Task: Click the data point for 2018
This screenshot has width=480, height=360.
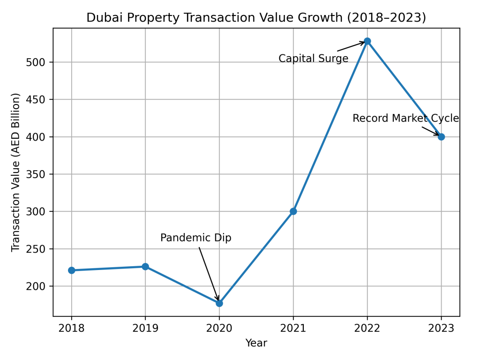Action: [72, 270]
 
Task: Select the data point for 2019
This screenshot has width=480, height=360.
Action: [145, 266]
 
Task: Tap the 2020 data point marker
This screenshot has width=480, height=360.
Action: [219, 303]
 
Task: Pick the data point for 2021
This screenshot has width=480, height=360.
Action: [293, 211]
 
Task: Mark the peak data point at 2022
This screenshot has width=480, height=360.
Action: [367, 41]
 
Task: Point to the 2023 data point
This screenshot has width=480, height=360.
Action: [441, 137]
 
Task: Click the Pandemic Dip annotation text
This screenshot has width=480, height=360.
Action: [196, 238]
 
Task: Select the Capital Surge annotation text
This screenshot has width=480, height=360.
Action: [313, 59]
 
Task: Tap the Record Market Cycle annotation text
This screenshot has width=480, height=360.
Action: [405, 119]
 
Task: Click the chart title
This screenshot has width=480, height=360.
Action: [256, 18]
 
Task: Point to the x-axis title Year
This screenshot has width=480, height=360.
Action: [256, 344]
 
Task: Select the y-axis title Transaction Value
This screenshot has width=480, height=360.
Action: [16, 172]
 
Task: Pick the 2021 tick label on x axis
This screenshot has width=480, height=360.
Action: [293, 328]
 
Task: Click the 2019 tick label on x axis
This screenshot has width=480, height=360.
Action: [145, 328]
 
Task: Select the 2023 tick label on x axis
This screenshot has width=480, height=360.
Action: [441, 328]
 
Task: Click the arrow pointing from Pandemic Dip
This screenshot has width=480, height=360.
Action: [209, 274]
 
